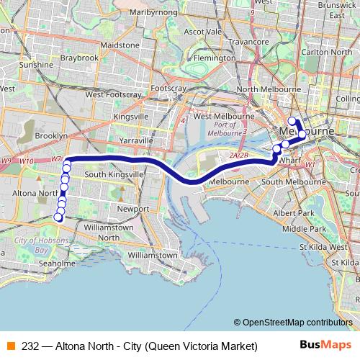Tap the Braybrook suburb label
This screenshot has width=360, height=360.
coord(79,58)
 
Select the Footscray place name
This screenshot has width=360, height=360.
coord(168,88)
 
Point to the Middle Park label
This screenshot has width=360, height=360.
coord(304,228)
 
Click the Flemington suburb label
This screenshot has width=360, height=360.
coord(215,58)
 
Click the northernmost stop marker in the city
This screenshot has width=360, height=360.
coord(292,121)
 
